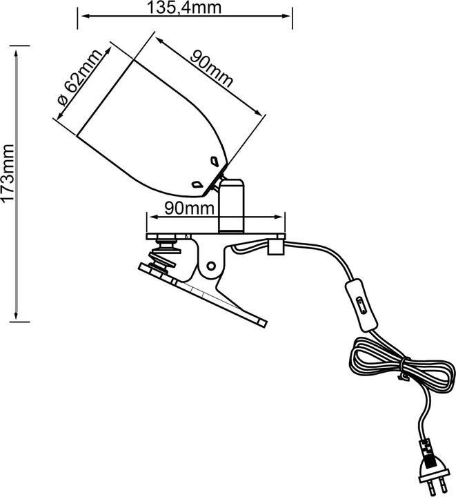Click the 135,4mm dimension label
pos(184,8)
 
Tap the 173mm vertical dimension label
pos(8,173)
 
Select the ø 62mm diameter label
pos(80,77)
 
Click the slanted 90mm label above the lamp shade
pos(211,70)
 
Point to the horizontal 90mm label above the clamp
pos(189,208)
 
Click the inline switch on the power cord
pos(361,305)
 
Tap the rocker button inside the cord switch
pos(361,305)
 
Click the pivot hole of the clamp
pos(211,266)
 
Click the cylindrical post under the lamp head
pos(232,206)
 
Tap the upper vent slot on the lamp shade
pos(215,161)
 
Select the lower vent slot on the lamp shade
pos(197,184)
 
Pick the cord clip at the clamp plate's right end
pos(275,246)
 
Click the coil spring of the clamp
pos(162,257)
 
